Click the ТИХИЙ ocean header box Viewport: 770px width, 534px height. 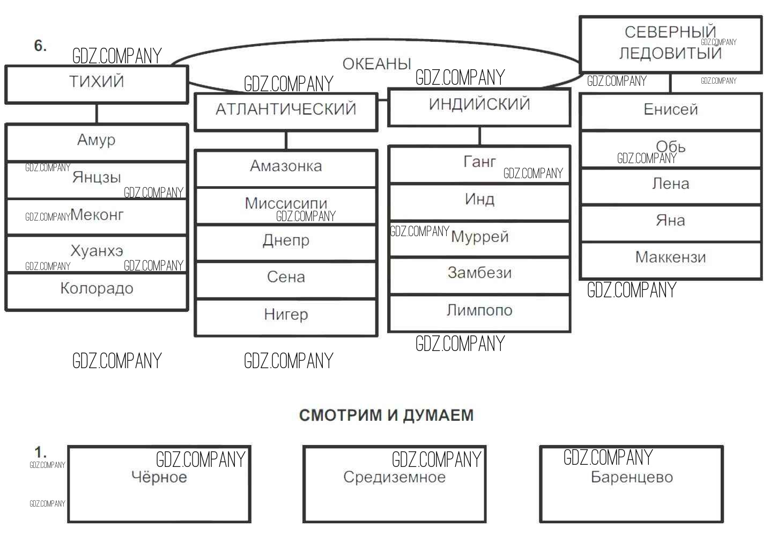point(97,84)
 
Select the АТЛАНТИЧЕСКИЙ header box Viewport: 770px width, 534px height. point(286,112)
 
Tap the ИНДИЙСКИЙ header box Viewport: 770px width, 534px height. point(479,107)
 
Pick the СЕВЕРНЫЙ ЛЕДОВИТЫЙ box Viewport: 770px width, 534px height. point(670,45)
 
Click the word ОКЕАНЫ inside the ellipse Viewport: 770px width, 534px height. point(376,64)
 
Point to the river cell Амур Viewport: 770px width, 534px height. point(97,142)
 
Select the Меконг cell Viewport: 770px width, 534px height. point(97,216)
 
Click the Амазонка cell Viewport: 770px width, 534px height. point(286,168)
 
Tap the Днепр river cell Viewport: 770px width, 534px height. point(286,243)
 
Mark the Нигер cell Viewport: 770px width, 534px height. point(286,317)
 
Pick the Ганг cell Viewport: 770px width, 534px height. point(479,164)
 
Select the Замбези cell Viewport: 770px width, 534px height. point(479,275)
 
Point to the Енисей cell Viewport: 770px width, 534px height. point(670,111)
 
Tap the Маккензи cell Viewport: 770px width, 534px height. point(670,259)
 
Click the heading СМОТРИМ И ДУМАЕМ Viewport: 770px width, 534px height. point(386,415)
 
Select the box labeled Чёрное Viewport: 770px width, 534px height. point(159,484)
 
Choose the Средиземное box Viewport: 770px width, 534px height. point(394,484)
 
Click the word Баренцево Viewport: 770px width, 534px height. point(632,477)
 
